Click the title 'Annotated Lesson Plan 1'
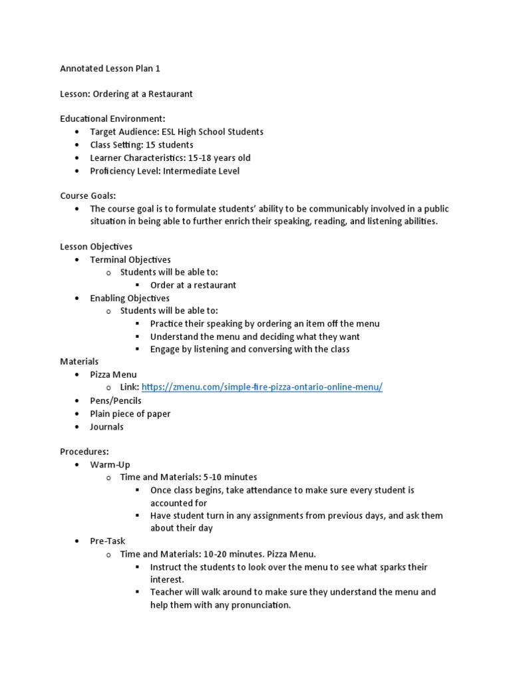point(110,68)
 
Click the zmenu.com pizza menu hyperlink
point(262,388)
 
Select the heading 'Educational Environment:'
point(112,119)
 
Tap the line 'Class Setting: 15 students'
point(142,145)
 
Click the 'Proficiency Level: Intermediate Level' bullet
point(164,171)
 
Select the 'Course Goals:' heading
point(88,196)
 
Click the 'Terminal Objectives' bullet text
point(130,260)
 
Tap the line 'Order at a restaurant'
point(193,285)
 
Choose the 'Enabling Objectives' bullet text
point(130,299)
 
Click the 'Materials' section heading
point(79,362)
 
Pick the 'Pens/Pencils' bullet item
point(116,401)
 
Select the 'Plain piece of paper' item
point(130,414)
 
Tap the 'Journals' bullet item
point(107,427)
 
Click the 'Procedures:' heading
point(85,452)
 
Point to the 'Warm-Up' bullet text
point(110,464)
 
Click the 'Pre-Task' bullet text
point(108,541)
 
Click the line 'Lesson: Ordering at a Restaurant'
point(126,94)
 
